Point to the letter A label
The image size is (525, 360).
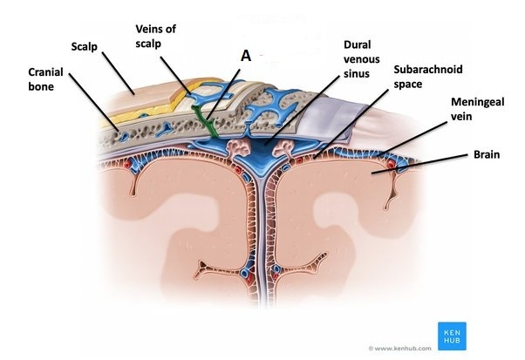tap(246, 54)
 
